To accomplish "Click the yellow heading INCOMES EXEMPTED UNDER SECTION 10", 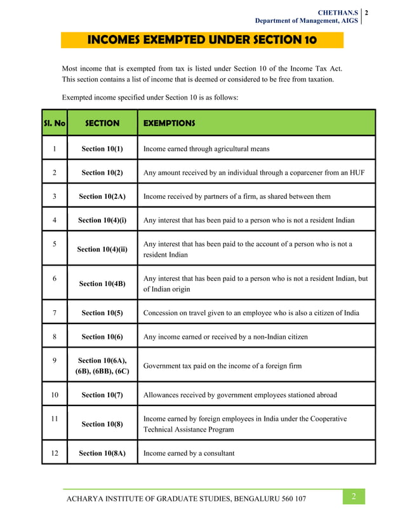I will click(202, 41).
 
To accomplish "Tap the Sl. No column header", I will click(55, 123).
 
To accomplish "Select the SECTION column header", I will click(102, 123).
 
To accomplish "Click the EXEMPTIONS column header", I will click(169, 123).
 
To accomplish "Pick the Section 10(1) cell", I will click(102, 149).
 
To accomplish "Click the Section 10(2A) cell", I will click(102, 196).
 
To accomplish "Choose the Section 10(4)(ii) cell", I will click(102, 249).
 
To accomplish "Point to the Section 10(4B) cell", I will click(102, 283).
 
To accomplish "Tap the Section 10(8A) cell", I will click(102, 453).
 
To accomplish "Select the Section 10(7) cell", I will click(102, 395).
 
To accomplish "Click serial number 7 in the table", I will click(55, 313).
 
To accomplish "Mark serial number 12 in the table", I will click(55, 453).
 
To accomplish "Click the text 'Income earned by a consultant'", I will click(189, 453).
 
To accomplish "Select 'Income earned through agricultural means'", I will click(206, 149).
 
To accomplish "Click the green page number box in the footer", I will click(354, 497).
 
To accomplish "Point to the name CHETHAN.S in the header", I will click(341, 12).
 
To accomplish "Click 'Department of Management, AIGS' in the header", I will click(307, 21).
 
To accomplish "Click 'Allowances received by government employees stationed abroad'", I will click(240, 395).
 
